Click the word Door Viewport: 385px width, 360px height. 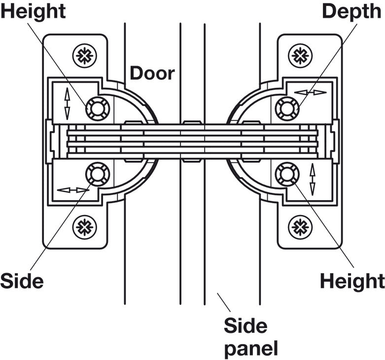click(152, 73)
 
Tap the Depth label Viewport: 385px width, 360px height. click(351, 11)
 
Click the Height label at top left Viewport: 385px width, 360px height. click(33, 11)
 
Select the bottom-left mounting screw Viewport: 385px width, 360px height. click(84, 227)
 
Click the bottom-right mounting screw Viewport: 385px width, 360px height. click(300, 227)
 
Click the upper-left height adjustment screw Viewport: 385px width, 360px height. click(97, 108)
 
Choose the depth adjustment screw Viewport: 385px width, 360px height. click(287, 108)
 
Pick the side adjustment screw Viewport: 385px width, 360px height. click(97, 174)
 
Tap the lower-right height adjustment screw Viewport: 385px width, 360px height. click(287, 174)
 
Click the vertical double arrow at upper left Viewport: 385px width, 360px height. click(67, 104)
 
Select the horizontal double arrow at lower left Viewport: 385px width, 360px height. click(73, 190)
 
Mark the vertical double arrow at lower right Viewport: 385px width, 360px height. click(312, 179)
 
